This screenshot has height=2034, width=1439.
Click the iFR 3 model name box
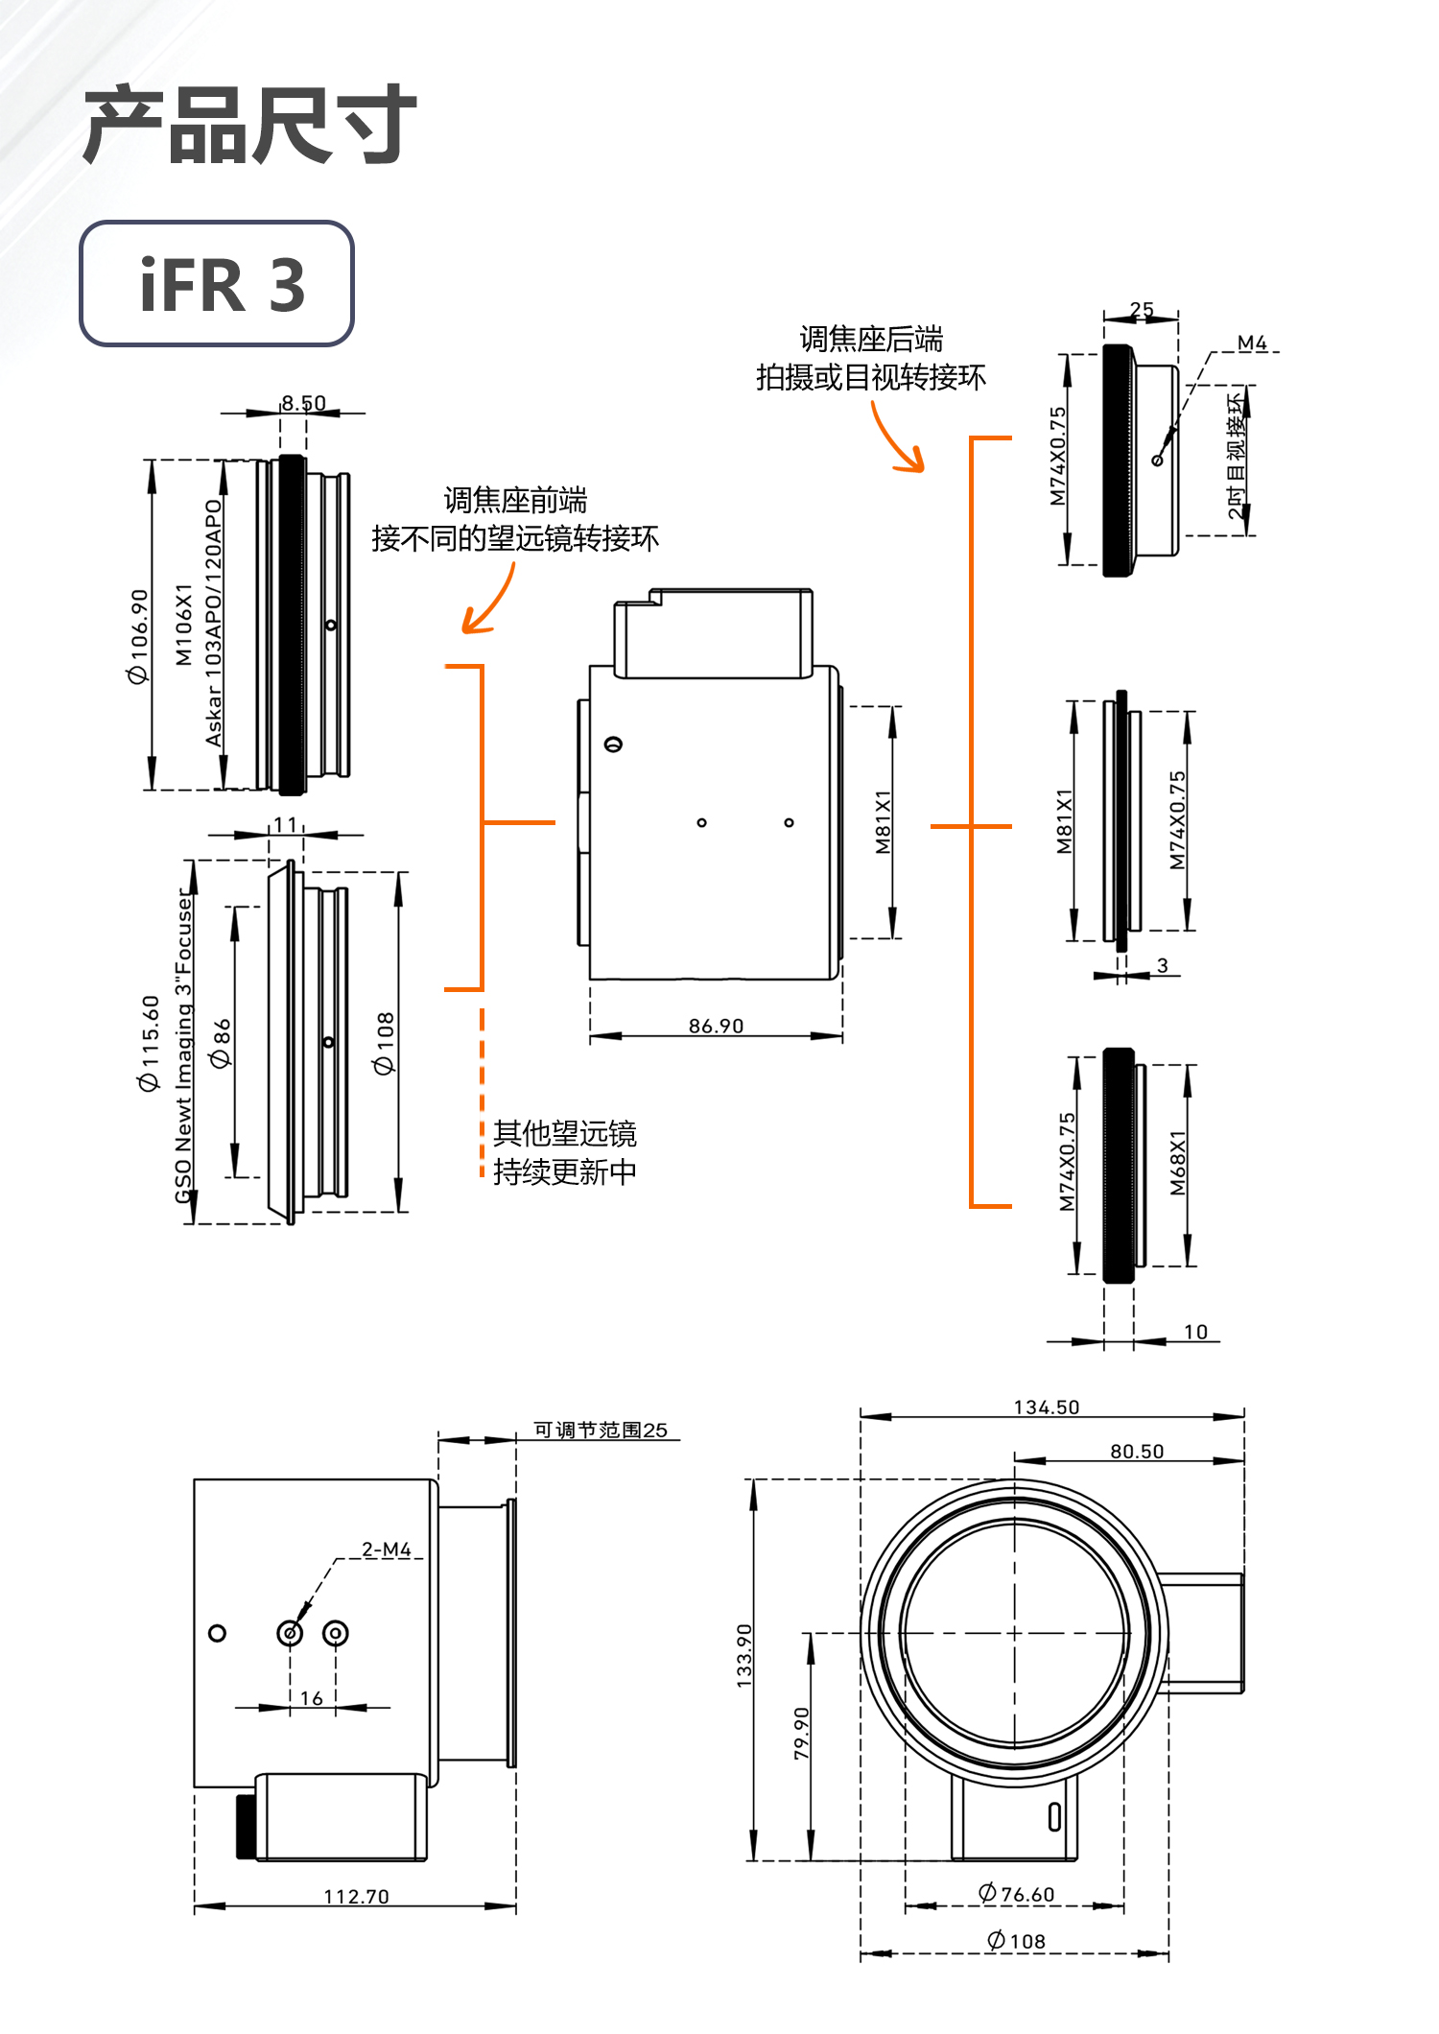tap(217, 284)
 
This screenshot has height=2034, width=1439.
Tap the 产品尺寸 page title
tap(249, 125)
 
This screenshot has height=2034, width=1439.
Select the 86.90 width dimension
tap(716, 1026)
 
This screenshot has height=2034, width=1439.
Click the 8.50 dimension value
tap(303, 403)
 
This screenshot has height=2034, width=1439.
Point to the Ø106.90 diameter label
tap(139, 636)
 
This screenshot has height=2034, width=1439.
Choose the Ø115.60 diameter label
tap(149, 1043)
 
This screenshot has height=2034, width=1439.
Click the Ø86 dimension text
tap(222, 1043)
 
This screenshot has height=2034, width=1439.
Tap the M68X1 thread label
tap(1178, 1163)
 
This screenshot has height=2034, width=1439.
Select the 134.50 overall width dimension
tap(1047, 1407)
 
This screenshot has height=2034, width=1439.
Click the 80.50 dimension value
tap(1137, 1452)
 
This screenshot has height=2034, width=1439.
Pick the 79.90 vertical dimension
tap(802, 1733)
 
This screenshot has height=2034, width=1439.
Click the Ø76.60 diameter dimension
tap(1017, 1894)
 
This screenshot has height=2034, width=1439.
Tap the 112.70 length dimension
tap(356, 1897)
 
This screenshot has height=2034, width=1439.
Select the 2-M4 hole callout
tap(387, 1549)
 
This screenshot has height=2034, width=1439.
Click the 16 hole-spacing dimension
tap(312, 1698)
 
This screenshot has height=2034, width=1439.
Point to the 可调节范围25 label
tap(601, 1431)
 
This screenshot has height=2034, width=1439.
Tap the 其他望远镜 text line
tap(564, 1133)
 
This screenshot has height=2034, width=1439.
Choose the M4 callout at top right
tap(1252, 343)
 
